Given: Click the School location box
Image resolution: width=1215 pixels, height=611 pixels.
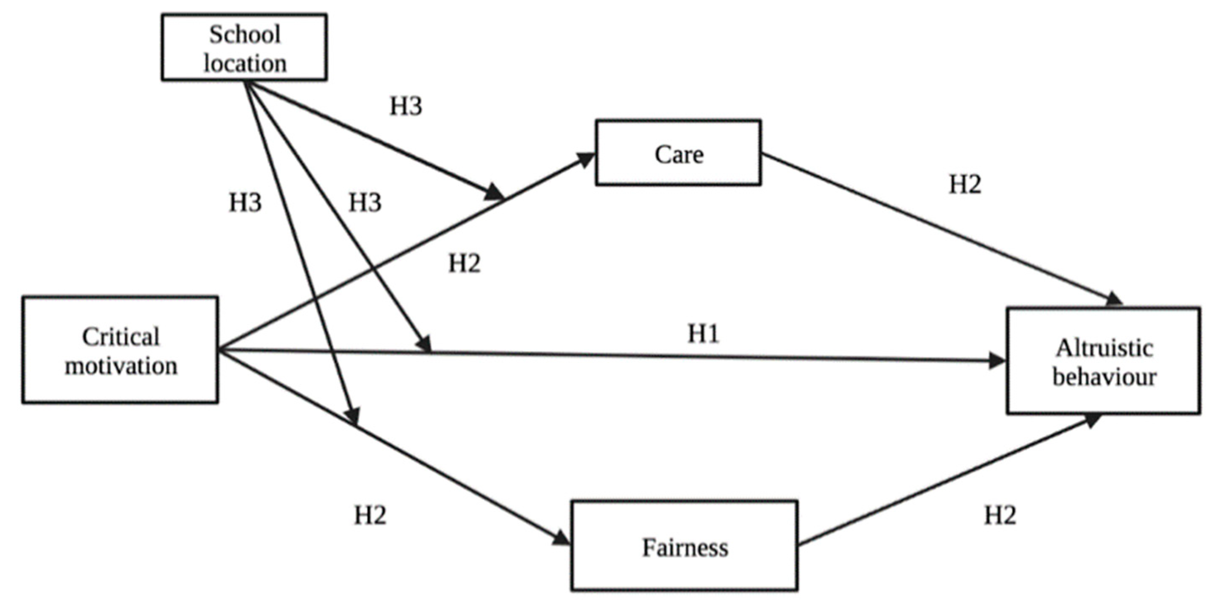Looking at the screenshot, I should [244, 47].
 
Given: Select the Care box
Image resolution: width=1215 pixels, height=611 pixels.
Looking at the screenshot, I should [678, 153].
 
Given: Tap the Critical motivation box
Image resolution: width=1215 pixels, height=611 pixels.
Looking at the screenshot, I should [120, 350].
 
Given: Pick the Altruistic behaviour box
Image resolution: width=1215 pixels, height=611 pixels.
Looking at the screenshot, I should [1103, 361].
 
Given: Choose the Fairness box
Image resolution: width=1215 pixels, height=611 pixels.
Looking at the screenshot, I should [684, 546].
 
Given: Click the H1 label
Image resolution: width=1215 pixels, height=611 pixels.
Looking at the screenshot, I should [703, 334].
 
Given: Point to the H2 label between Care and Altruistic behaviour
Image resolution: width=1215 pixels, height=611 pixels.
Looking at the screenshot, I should [965, 184].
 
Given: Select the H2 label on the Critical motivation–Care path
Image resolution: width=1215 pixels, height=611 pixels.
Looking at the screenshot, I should [464, 263].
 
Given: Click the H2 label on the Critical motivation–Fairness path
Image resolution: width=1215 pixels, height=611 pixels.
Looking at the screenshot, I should [370, 515].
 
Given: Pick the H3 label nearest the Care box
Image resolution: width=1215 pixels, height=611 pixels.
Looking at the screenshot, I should [406, 106].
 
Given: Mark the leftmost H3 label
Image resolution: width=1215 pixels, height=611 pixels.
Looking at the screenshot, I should [245, 202].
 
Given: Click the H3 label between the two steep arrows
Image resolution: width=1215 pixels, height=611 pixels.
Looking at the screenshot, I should [365, 202].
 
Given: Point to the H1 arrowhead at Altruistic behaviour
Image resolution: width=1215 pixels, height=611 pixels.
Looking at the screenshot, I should [997, 362].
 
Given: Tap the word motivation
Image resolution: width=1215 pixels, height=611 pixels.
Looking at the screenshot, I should [121, 366].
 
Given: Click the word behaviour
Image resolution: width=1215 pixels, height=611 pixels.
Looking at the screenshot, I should [1104, 377].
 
